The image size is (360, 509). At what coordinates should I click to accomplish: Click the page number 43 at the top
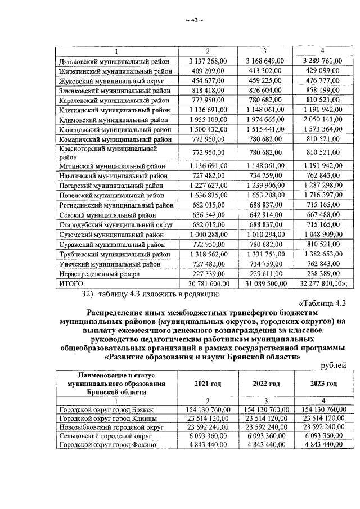[193, 21]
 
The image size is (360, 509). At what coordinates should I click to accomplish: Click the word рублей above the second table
[333, 365]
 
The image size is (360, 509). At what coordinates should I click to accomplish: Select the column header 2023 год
[322, 384]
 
